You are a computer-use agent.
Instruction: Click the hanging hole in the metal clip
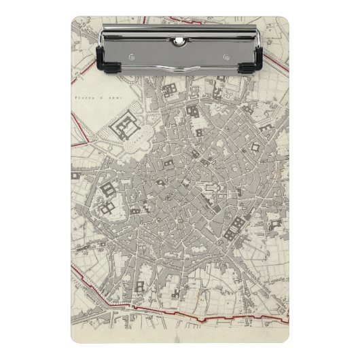(x=179, y=41)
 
